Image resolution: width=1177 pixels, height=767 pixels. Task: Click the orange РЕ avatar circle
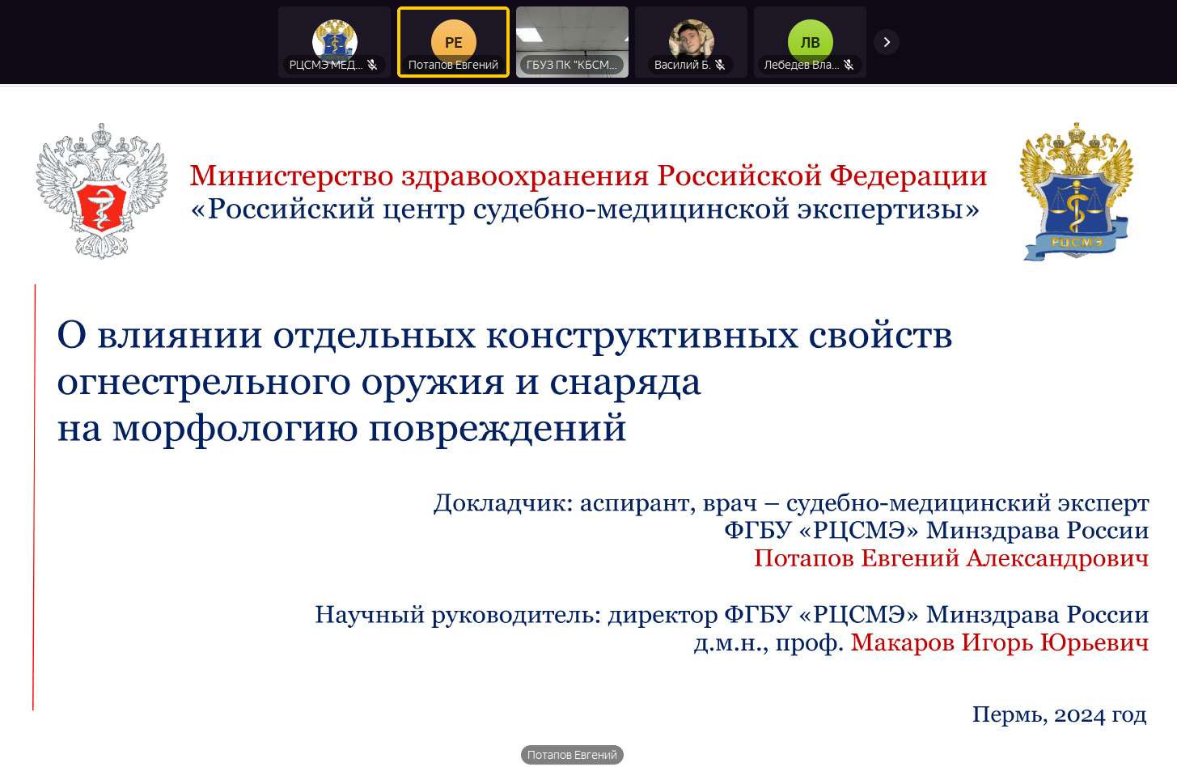454,41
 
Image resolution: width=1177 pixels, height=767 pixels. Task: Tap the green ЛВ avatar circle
810,41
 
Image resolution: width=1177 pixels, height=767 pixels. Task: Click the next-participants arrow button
887,42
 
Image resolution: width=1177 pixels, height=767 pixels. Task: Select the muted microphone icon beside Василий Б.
720,65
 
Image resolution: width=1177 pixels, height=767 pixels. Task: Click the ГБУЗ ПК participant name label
572,65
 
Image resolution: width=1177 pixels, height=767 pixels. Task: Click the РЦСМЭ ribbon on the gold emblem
1076,242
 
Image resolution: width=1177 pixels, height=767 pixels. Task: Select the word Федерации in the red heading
908,176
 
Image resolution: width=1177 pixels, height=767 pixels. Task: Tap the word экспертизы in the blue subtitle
888,210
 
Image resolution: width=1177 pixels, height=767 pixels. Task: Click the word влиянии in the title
180,336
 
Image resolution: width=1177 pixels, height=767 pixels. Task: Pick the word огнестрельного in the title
204,383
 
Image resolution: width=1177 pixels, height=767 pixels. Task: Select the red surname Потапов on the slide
804,558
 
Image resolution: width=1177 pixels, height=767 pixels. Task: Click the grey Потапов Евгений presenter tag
572,755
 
